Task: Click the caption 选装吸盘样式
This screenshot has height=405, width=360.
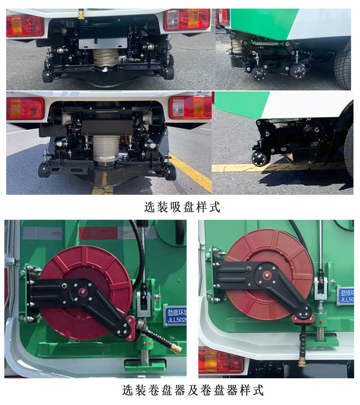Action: [x=182, y=207]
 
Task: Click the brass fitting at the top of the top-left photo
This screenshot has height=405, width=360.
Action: [x=81, y=14]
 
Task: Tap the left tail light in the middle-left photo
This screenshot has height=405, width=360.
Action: [x=25, y=108]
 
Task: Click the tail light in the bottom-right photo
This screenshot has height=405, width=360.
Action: [x=220, y=361]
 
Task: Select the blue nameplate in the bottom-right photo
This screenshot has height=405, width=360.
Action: [x=346, y=295]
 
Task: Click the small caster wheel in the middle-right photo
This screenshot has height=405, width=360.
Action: [x=259, y=158]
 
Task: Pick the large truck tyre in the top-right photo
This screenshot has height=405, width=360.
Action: [x=343, y=69]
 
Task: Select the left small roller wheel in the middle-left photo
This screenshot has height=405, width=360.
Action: [x=43, y=170]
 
